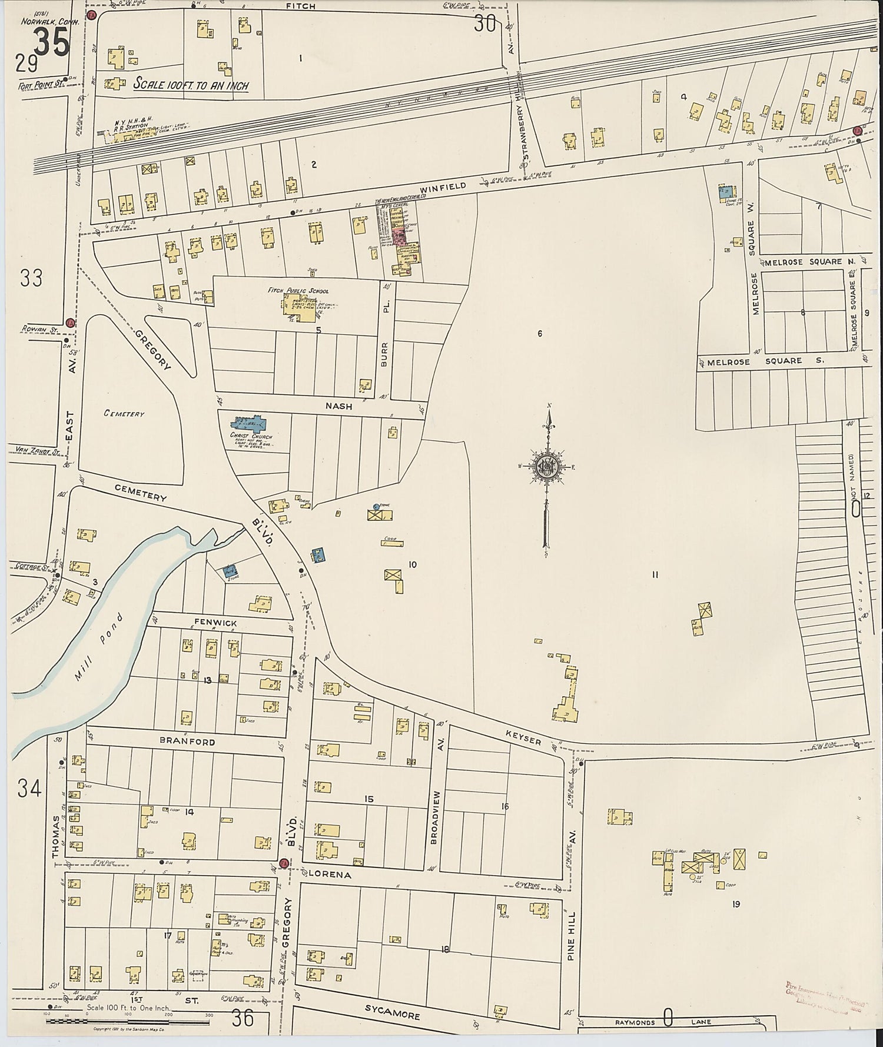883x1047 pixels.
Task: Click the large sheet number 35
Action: coord(52,43)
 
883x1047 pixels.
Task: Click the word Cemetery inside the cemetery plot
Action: coord(124,414)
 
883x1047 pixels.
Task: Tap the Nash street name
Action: coord(338,406)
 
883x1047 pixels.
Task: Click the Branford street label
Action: coord(189,742)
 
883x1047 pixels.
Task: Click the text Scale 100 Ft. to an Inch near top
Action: coord(191,85)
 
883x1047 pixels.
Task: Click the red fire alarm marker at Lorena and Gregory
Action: coord(284,863)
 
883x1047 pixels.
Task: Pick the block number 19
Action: coord(736,904)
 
